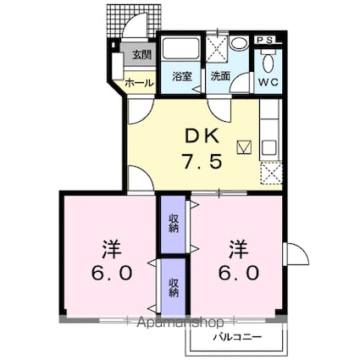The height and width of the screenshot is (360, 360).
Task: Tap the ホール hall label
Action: point(139,83)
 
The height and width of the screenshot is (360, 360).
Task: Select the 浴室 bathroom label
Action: point(182,76)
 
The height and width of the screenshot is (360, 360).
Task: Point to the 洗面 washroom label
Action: point(220,76)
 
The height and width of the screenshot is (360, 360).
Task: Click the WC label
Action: point(269,82)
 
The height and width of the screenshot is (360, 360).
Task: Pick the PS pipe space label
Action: point(265,41)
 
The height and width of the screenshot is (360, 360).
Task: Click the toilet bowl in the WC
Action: point(268,64)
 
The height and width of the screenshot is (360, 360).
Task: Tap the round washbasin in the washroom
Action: point(239,44)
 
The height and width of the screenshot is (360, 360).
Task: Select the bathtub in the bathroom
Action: point(180,48)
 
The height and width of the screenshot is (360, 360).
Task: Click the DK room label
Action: point(202,137)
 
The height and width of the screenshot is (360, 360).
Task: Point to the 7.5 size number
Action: point(202,161)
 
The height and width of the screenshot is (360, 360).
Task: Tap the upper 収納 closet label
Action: point(174,223)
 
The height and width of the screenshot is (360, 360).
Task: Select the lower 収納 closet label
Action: point(174,287)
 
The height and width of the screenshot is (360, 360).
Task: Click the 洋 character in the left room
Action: point(112,249)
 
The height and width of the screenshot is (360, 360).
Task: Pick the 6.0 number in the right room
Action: point(239,273)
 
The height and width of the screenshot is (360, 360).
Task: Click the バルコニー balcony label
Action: point(237,337)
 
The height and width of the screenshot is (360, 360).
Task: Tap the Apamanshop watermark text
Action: point(180,322)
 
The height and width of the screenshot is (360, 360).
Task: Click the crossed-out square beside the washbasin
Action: point(217,48)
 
